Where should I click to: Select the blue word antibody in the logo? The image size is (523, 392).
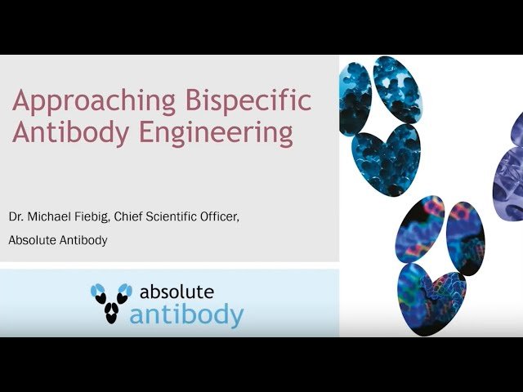(x=186, y=314)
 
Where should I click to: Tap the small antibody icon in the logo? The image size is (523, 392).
(x=111, y=303)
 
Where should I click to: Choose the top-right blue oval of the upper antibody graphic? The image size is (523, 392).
(x=398, y=88)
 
